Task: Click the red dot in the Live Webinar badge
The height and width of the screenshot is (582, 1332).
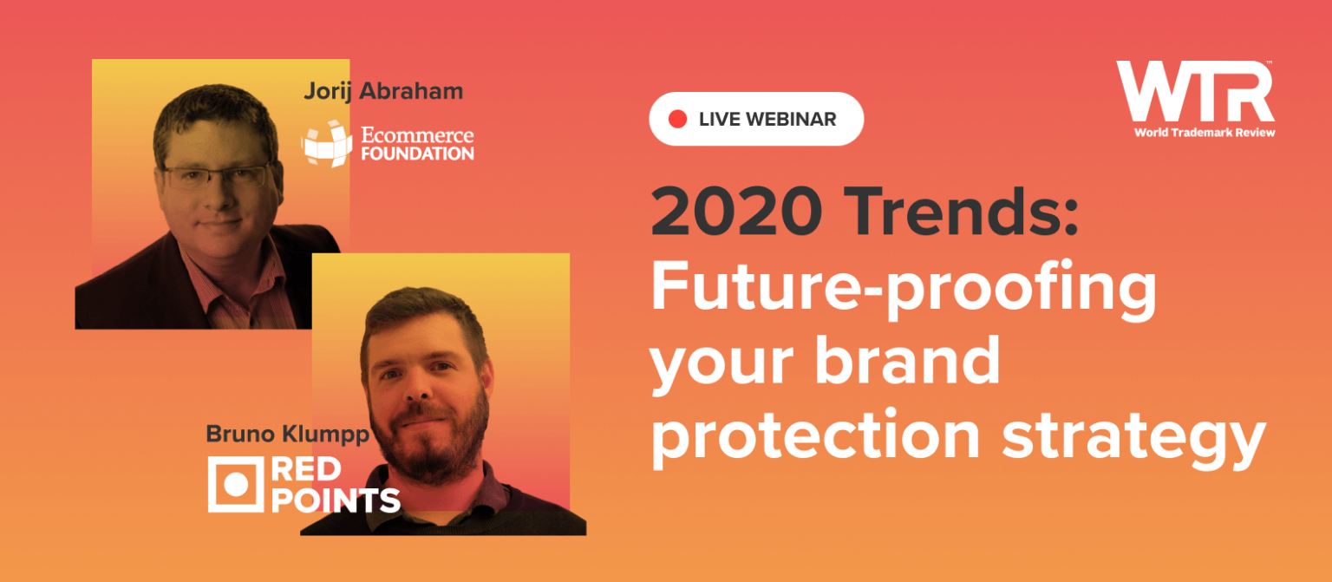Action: pos(678,119)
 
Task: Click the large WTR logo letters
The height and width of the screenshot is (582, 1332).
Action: pos(1194,91)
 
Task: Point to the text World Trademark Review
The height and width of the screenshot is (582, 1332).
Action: pos(1204,132)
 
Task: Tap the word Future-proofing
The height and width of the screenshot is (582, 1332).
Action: pos(904,290)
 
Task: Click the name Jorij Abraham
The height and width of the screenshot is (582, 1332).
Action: pos(383,91)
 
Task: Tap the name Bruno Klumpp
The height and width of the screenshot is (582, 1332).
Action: pos(287,433)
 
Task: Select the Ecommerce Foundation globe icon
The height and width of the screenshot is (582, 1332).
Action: pos(326,143)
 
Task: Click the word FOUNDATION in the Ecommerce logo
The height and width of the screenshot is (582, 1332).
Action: pos(417,154)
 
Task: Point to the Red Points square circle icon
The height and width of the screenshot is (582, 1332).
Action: pos(235,484)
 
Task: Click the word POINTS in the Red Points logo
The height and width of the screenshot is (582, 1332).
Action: pos(335,500)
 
